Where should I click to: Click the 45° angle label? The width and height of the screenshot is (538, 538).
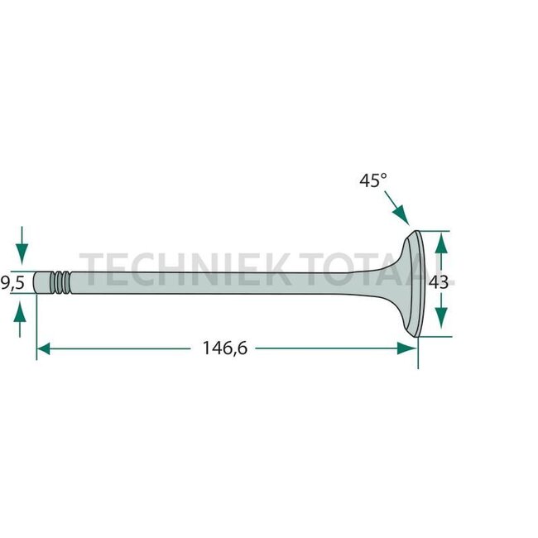(x=372, y=180)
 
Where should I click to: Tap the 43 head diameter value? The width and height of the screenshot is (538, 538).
(x=440, y=282)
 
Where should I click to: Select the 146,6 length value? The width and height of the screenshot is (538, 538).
(x=224, y=348)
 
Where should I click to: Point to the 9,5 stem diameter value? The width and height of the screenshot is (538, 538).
(x=12, y=282)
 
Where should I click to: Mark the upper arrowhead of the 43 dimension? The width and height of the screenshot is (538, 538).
(x=440, y=242)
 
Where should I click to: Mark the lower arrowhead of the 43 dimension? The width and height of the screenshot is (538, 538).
(x=440, y=324)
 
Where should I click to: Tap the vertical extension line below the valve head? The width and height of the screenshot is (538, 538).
(x=418, y=352)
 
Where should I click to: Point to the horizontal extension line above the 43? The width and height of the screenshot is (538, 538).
(x=437, y=229)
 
